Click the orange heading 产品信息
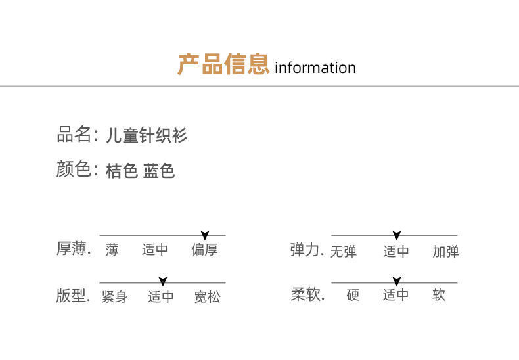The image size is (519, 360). coord(223,65)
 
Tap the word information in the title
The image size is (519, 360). coord(315,68)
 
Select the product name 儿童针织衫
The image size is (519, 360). coord(147,136)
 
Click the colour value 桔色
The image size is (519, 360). coord(122,171)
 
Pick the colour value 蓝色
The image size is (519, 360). coord(159,171)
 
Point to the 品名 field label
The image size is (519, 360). coord(74,135)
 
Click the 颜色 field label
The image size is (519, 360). coord(74,170)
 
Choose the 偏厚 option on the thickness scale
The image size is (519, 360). coord(205,250)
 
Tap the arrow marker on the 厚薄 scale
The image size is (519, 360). coord(205,235)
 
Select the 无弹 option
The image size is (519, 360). coord(343,252)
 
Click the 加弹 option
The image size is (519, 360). coord(445,252)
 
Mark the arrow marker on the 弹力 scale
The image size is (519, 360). coord(396,235)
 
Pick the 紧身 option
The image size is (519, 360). coord(114,297)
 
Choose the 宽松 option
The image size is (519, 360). coord(207,297)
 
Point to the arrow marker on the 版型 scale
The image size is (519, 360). coord(163,282)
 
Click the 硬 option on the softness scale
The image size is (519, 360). coord(353,295)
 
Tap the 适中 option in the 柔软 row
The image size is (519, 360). coord(396,295)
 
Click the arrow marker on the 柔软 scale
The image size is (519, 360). coord(396,282)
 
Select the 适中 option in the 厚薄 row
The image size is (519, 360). coord(155,250)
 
